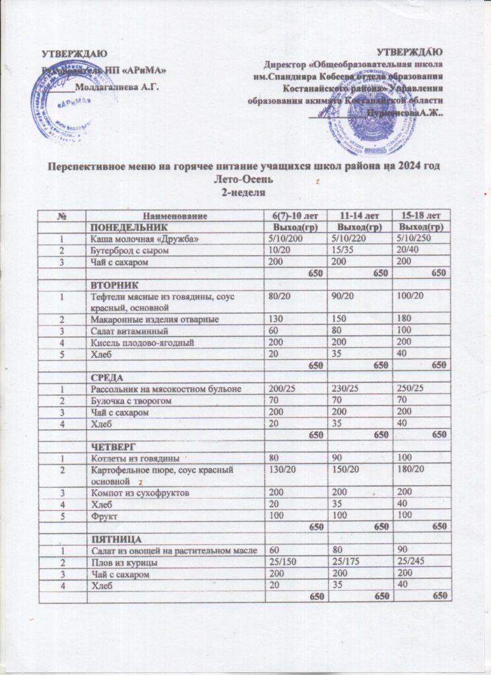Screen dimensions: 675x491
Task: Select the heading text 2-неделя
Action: tap(245, 192)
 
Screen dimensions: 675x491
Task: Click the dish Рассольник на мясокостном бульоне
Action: tap(168, 389)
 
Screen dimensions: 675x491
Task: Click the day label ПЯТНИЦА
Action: tap(112, 539)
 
